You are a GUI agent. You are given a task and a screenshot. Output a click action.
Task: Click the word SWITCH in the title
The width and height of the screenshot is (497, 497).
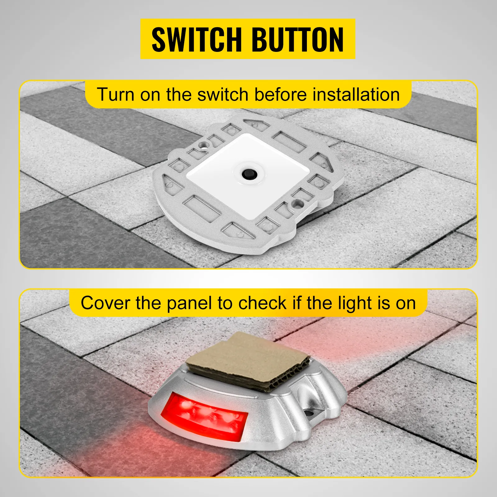click(196, 39)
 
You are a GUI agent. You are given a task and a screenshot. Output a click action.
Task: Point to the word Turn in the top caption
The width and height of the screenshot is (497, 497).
click(115, 94)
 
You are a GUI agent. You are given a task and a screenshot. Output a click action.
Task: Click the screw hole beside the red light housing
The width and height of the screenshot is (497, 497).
click(309, 413)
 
